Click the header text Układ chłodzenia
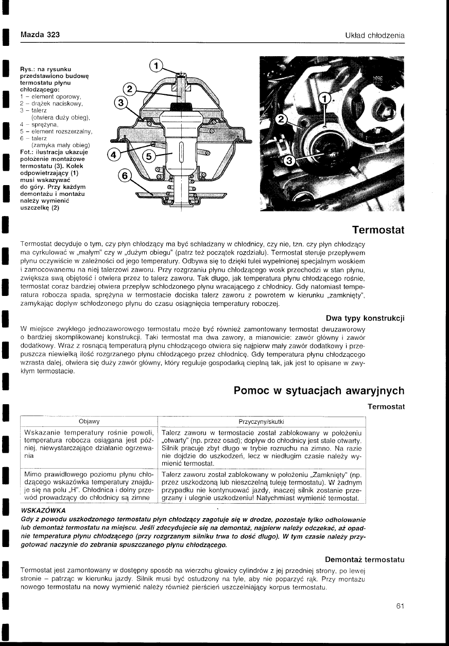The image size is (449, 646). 374,35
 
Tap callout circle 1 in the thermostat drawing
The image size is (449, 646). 156,65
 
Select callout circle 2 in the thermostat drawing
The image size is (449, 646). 131,88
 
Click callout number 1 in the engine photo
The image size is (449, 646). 324,98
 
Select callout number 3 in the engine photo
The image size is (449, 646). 289,161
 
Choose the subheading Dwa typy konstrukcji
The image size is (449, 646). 366,318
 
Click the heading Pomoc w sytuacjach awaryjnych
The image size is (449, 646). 319,390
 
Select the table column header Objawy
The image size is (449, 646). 89,421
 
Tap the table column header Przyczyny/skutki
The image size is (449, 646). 261,421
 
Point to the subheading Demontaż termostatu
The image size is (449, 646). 365,559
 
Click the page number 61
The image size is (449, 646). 401,606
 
